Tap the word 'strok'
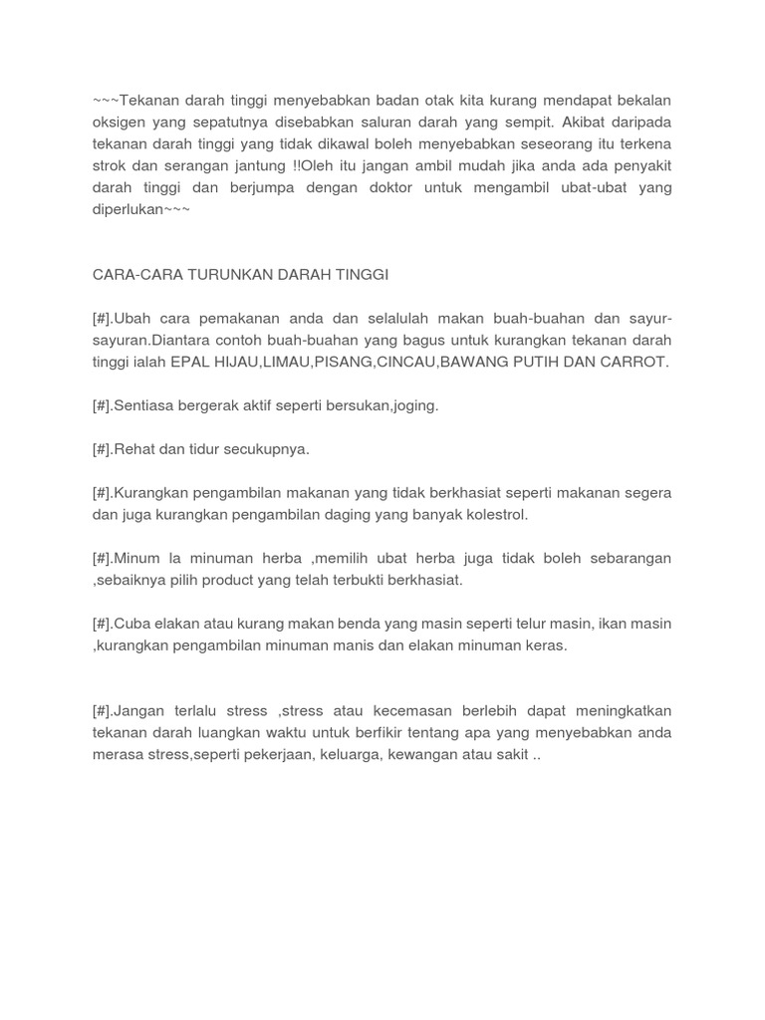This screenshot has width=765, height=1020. (110, 165)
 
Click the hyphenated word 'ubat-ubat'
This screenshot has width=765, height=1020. (585, 187)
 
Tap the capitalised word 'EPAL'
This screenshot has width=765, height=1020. (188, 362)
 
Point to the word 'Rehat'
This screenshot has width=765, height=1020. (134, 449)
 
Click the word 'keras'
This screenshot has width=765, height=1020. (546, 645)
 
